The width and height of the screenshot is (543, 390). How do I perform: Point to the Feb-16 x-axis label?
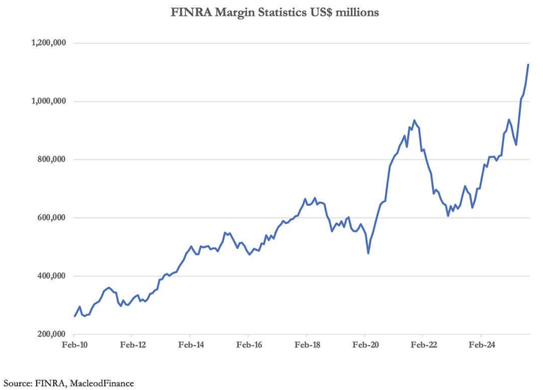[x=248, y=345]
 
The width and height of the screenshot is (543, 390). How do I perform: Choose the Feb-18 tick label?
[x=306, y=345]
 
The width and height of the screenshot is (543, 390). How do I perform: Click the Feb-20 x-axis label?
[x=365, y=345]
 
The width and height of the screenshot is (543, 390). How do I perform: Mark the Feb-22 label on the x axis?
[x=423, y=345]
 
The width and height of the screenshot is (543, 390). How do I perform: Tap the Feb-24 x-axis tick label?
[x=481, y=345]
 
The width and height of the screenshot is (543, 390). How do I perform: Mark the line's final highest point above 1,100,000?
[x=528, y=65]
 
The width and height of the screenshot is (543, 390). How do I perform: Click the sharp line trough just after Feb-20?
[x=368, y=253]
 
